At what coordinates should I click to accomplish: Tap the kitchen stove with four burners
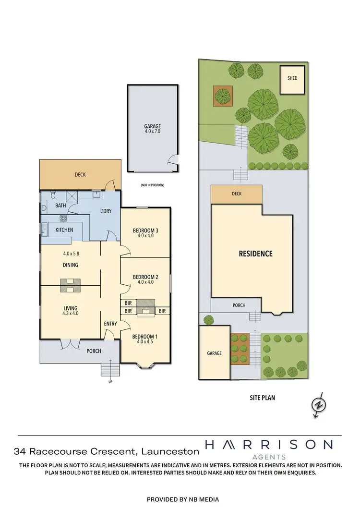point(63,218)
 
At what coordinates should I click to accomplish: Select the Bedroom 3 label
point(145,230)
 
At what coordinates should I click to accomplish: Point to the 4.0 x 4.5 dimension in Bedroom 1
point(145,342)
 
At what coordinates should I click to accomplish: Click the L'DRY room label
point(106,211)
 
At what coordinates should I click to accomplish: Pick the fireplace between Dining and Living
point(70,286)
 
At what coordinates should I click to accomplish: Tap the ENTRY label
point(110,324)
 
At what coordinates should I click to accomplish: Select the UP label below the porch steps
point(110,382)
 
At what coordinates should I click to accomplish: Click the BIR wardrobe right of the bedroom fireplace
point(162,311)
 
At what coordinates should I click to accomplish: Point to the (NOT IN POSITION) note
point(152,185)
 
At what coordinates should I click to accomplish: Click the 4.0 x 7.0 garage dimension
point(152,131)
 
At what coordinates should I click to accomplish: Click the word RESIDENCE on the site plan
point(255,254)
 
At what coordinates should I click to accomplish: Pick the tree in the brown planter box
point(223,95)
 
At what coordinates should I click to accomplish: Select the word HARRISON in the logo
point(268,445)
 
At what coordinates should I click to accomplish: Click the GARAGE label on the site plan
point(214,353)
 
